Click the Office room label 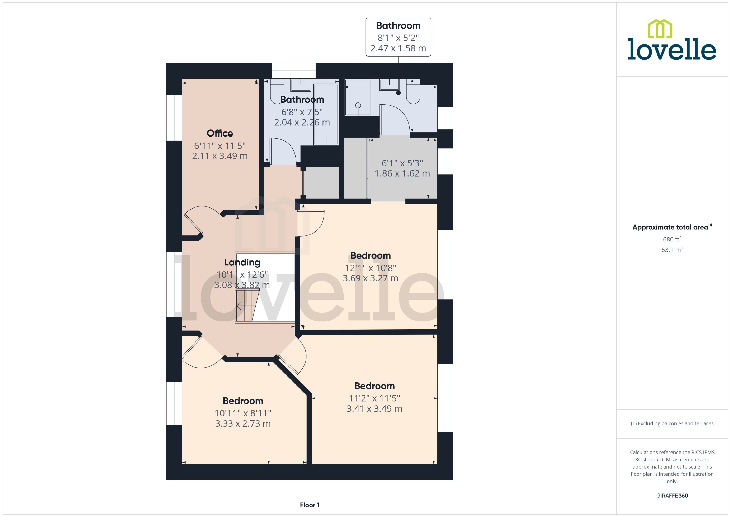[220, 133]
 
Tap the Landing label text [242, 262]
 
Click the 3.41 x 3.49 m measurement [374, 408]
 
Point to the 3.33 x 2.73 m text [243, 423]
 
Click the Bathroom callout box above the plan [398, 37]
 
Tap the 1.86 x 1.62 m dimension [402, 173]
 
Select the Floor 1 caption [309, 505]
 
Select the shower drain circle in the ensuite [358, 105]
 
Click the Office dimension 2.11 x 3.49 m [220, 156]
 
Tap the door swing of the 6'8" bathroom [283, 150]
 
